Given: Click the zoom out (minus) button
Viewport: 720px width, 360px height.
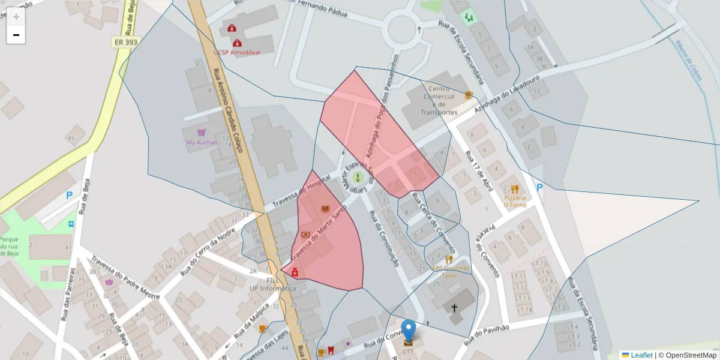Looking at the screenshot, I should (16, 35).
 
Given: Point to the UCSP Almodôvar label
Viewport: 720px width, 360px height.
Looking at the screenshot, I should (237, 52).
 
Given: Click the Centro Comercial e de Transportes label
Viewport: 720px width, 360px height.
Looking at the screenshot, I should (439, 100).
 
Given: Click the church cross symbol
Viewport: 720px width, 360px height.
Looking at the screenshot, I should (454, 308).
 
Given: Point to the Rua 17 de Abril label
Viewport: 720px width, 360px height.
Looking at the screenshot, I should (482, 172).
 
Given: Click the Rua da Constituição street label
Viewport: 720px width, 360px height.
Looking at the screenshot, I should (384, 238).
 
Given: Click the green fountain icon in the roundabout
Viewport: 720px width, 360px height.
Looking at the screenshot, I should (358, 178).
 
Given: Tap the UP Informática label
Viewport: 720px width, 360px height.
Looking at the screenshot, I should (273, 288).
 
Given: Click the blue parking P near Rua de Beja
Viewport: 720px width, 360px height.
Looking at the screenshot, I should (70, 195).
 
